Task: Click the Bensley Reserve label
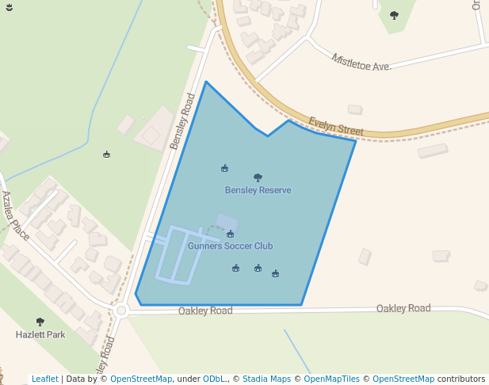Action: [258, 190]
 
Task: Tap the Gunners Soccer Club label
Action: [230, 246]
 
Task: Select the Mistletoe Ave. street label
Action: [361, 63]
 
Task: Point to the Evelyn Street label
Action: [336, 126]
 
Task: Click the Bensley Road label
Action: [182, 121]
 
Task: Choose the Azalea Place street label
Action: [15, 215]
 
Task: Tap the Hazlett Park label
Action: [40, 335]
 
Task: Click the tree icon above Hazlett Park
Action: [40, 322]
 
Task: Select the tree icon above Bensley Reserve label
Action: [258, 177]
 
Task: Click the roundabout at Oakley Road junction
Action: [121, 311]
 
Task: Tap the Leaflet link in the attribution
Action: [45, 379]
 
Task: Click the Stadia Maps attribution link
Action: [266, 379]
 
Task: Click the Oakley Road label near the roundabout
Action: [205, 311]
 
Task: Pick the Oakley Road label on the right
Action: [403, 308]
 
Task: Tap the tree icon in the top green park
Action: [394, 15]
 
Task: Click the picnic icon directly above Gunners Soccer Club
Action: [230, 234]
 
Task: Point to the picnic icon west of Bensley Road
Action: [106, 154]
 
